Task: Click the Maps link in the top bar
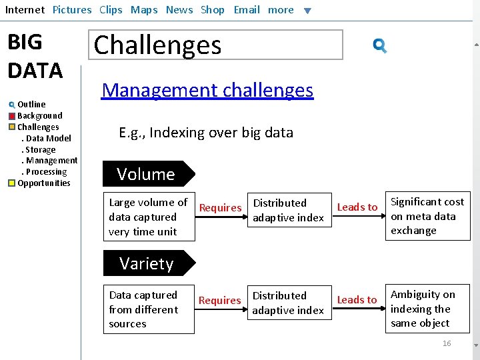coord(144,10)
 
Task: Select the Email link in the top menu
coord(247,10)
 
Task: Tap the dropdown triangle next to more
coord(307,11)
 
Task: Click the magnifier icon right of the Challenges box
coord(380,46)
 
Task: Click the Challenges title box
coord(218,45)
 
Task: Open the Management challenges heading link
coord(207,90)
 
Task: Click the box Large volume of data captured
coord(149,217)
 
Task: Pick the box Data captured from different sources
coord(149,309)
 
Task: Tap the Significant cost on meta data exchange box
coord(427,216)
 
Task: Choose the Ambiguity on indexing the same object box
coord(427,309)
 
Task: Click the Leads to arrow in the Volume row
coord(357,208)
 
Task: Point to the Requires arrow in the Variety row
coord(220,301)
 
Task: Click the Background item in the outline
coord(39,115)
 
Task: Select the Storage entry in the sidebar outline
coord(40,149)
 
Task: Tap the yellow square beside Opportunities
coord(12,183)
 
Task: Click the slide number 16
coord(447,343)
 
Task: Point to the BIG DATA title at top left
coord(35,56)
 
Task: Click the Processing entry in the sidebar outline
coord(45,171)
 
